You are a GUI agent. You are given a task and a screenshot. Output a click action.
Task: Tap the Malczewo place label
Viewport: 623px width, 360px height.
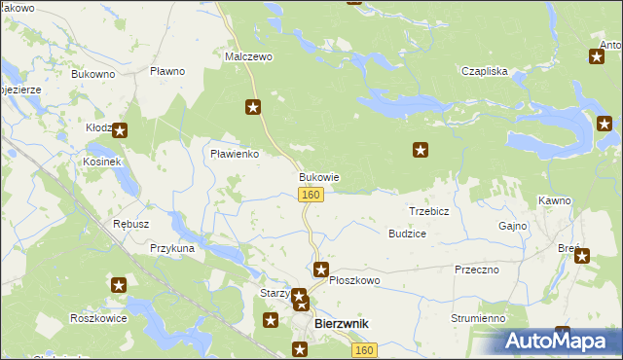[x=249, y=57]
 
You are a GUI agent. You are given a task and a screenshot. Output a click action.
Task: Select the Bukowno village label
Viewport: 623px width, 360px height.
[x=93, y=73]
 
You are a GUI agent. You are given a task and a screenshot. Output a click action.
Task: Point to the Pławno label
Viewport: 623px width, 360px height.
[x=168, y=71]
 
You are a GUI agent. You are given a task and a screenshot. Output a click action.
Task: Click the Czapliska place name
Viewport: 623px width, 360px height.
[x=485, y=71]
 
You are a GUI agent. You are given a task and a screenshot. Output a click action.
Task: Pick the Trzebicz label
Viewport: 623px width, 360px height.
[x=428, y=211]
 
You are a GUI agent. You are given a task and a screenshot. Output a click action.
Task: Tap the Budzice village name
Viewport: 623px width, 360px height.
[x=407, y=234]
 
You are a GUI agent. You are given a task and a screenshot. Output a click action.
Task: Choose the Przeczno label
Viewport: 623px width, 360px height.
[x=476, y=270]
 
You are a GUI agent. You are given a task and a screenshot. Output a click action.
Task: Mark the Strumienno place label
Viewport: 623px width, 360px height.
[x=478, y=318]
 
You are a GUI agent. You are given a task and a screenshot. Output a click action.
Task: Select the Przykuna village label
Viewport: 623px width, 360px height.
[x=172, y=249]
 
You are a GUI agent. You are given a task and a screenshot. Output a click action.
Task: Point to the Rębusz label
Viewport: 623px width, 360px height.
[x=130, y=224]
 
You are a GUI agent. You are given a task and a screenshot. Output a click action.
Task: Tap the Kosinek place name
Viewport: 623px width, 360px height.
[x=101, y=161]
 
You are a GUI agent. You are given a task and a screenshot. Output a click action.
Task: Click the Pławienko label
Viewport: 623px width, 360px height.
[x=235, y=154]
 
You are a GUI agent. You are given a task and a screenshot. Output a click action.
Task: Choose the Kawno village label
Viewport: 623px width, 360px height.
[x=553, y=200]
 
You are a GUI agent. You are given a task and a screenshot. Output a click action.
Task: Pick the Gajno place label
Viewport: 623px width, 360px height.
[x=512, y=226]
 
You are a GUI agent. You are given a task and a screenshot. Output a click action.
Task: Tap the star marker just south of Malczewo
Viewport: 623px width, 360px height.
[x=253, y=107]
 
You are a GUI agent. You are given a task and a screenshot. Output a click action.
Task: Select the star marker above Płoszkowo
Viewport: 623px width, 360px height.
[x=321, y=269]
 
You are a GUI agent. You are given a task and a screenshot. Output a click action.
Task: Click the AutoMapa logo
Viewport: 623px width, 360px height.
[x=560, y=341]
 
